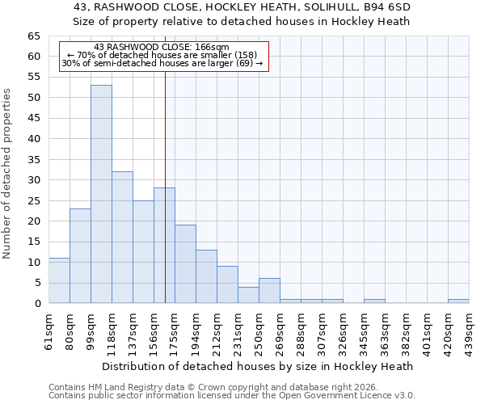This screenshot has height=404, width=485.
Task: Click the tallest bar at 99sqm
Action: click(101, 194)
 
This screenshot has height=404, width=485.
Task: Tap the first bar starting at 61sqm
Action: click(59, 280)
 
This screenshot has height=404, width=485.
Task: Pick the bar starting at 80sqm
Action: click(80, 255)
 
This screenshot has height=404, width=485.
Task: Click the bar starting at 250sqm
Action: click(269, 291)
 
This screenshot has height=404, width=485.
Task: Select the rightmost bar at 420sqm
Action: click(458, 301)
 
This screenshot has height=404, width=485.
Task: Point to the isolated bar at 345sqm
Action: click(374, 301)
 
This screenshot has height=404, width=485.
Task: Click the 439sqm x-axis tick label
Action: click(469, 330)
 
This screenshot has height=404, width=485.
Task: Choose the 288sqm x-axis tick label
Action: click(301, 330)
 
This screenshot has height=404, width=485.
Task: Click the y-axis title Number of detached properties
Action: click(8, 174)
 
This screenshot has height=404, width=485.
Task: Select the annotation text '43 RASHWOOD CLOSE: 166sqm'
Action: click(162, 48)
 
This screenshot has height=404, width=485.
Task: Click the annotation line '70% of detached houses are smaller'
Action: click(162, 56)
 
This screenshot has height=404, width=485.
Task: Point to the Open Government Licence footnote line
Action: click(232, 396)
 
